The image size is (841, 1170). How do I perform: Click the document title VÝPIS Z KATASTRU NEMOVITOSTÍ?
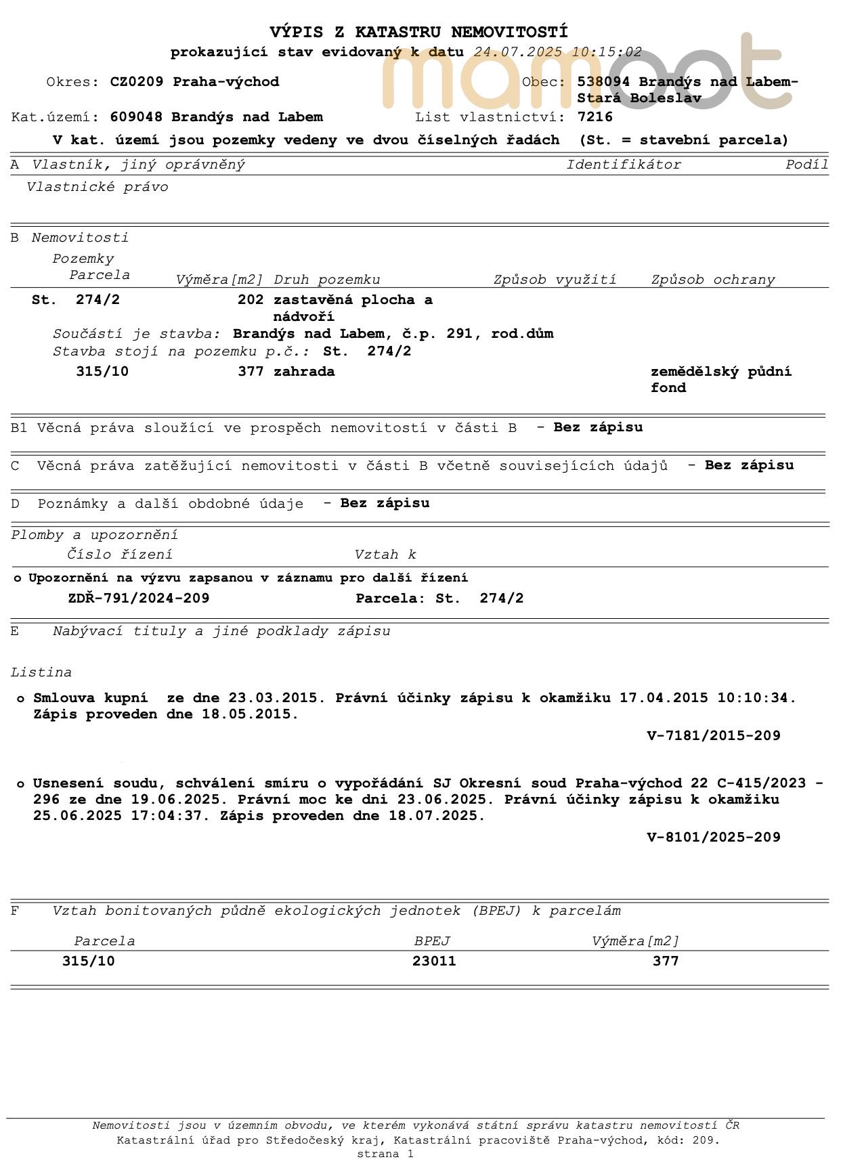[418, 32]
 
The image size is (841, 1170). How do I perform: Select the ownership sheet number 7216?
[595, 117]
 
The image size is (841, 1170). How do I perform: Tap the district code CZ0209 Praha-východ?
[194, 82]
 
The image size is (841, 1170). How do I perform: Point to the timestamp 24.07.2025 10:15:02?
[557, 52]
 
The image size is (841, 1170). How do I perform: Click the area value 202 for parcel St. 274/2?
[251, 300]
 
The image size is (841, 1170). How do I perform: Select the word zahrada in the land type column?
[304, 372]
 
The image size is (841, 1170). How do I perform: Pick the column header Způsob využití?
[555, 280]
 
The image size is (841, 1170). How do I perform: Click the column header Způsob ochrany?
[712, 280]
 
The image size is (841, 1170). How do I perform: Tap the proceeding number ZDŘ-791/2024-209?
[139, 599]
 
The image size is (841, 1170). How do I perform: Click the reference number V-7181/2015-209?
[714, 736]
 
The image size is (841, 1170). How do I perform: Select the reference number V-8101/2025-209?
[714, 838]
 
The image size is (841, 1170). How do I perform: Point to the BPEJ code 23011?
[434, 961]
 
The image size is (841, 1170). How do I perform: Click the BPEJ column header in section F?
[432, 941]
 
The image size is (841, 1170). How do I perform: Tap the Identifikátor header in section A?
[624, 165]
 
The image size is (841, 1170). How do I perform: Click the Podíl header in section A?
[806, 165]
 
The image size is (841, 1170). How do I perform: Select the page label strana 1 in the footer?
[385, 1154]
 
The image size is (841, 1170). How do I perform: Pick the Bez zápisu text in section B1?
[598, 427]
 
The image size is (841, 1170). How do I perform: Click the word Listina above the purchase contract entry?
[41, 672]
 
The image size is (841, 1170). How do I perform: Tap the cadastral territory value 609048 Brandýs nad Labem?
[216, 117]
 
